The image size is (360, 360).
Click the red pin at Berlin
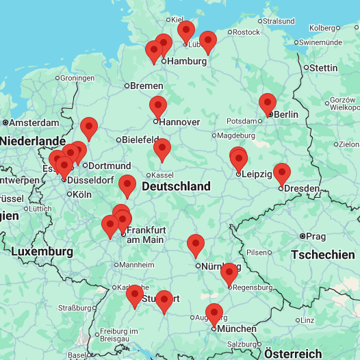coord(268,105)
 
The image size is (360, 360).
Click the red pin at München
coord(214,315)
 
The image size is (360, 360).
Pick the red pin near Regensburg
coord(229,274)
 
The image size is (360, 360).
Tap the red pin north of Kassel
coord(162,150)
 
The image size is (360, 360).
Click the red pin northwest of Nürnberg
coord(196,246)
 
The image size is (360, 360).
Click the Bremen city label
coord(147,86)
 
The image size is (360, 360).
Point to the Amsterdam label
coord(34,123)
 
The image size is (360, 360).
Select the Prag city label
coord(316,236)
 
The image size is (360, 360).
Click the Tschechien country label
coord(322,255)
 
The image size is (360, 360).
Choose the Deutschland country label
coord(176,186)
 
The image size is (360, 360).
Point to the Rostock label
coord(246,31)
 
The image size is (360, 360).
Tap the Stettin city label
coord(323,68)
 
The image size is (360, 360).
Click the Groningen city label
coord(77,77)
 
